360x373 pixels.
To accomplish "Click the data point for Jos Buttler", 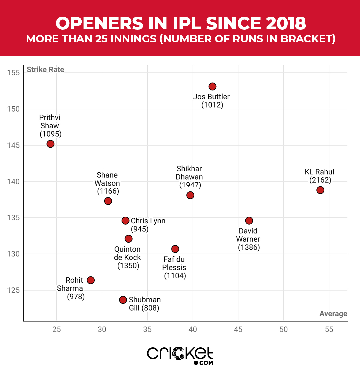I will pyautogui.click(x=212, y=87).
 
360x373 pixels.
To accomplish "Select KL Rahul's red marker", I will pyautogui.click(x=320, y=190).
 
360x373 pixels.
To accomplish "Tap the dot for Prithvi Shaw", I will pyautogui.click(x=50, y=144).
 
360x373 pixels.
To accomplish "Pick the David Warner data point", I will pyautogui.click(x=249, y=221).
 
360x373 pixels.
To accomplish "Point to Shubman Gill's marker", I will pyautogui.click(x=123, y=300).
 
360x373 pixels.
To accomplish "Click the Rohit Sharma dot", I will pyautogui.click(x=91, y=280).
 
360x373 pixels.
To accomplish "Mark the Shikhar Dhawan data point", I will pyautogui.click(x=190, y=195).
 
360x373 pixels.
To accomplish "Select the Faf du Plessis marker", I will pyautogui.click(x=175, y=249).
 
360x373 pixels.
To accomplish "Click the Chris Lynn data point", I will pyautogui.click(x=125, y=221).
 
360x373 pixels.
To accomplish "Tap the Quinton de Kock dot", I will pyautogui.click(x=128, y=239).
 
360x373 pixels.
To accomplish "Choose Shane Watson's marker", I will pyautogui.click(x=108, y=201).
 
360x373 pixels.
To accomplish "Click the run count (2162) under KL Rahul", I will pyautogui.click(x=320, y=180).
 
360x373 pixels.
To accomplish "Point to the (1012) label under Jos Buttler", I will pyautogui.click(x=212, y=105).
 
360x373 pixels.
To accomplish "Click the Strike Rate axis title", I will pyautogui.click(x=45, y=70).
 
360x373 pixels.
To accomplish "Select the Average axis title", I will pyautogui.click(x=333, y=314).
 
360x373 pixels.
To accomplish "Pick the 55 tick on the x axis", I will pyautogui.click(x=329, y=330).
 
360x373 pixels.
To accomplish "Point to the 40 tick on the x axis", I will pyautogui.click(x=193, y=330).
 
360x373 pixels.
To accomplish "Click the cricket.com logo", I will pyautogui.click(x=180, y=355).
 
